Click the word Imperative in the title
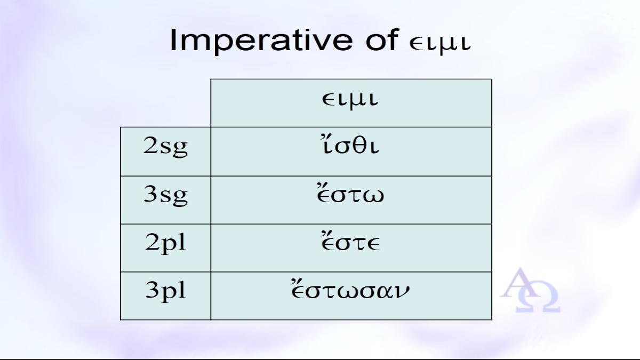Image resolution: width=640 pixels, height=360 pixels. [x=261, y=41]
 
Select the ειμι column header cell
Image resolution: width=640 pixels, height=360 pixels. [x=351, y=103]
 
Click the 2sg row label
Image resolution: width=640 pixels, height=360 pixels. [x=166, y=147]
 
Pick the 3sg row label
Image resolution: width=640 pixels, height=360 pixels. [x=166, y=195]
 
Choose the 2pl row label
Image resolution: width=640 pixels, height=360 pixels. [x=166, y=243]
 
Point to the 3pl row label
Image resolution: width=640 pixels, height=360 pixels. [x=166, y=291]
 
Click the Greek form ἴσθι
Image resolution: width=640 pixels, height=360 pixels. [x=349, y=146]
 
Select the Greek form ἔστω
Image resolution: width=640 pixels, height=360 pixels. [x=350, y=194]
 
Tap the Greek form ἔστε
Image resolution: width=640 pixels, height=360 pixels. [x=350, y=242]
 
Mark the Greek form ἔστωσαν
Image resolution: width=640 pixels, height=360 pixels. [x=350, y=290]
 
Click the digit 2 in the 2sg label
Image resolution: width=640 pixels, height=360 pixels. [x=150, y=146]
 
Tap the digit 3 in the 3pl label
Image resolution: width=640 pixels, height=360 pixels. [x=152, y=290]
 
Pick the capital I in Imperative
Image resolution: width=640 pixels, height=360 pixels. [x=173, y=40]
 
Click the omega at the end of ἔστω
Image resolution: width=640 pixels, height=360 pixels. [x=373, y=197]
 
